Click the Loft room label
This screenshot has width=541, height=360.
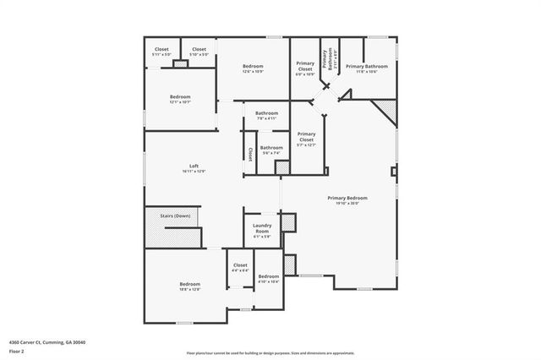coord(194,167)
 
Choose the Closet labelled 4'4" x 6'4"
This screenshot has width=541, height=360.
coord(240,267)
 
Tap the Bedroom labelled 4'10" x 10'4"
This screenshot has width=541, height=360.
coord(269,279)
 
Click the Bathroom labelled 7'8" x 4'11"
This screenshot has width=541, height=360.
coord(267,115)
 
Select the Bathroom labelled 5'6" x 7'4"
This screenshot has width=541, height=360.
coord(271,150)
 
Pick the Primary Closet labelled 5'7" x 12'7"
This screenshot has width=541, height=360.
coord(306,138)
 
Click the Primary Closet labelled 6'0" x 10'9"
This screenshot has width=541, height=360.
coord(305,68)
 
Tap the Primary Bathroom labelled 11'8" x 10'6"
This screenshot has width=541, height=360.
coord(366,68)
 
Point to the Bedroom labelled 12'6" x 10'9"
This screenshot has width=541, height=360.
coord(254,68)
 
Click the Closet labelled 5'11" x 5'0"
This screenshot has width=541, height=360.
coord(161,52)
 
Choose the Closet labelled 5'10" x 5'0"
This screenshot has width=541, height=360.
coord(199,52)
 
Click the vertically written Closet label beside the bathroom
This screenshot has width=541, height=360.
coord(251,155)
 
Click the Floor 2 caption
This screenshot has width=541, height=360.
coord(17,351)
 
